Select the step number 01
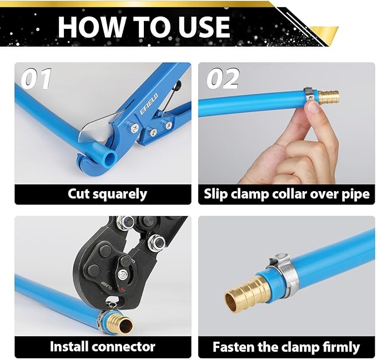[x=36, y=79]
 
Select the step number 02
[x=223, y=78]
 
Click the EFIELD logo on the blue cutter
[x=149, y=104]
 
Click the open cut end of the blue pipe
[x=110, y=158]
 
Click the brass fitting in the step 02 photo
[x=328, y=97]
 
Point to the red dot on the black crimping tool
[x=122, y=289]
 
